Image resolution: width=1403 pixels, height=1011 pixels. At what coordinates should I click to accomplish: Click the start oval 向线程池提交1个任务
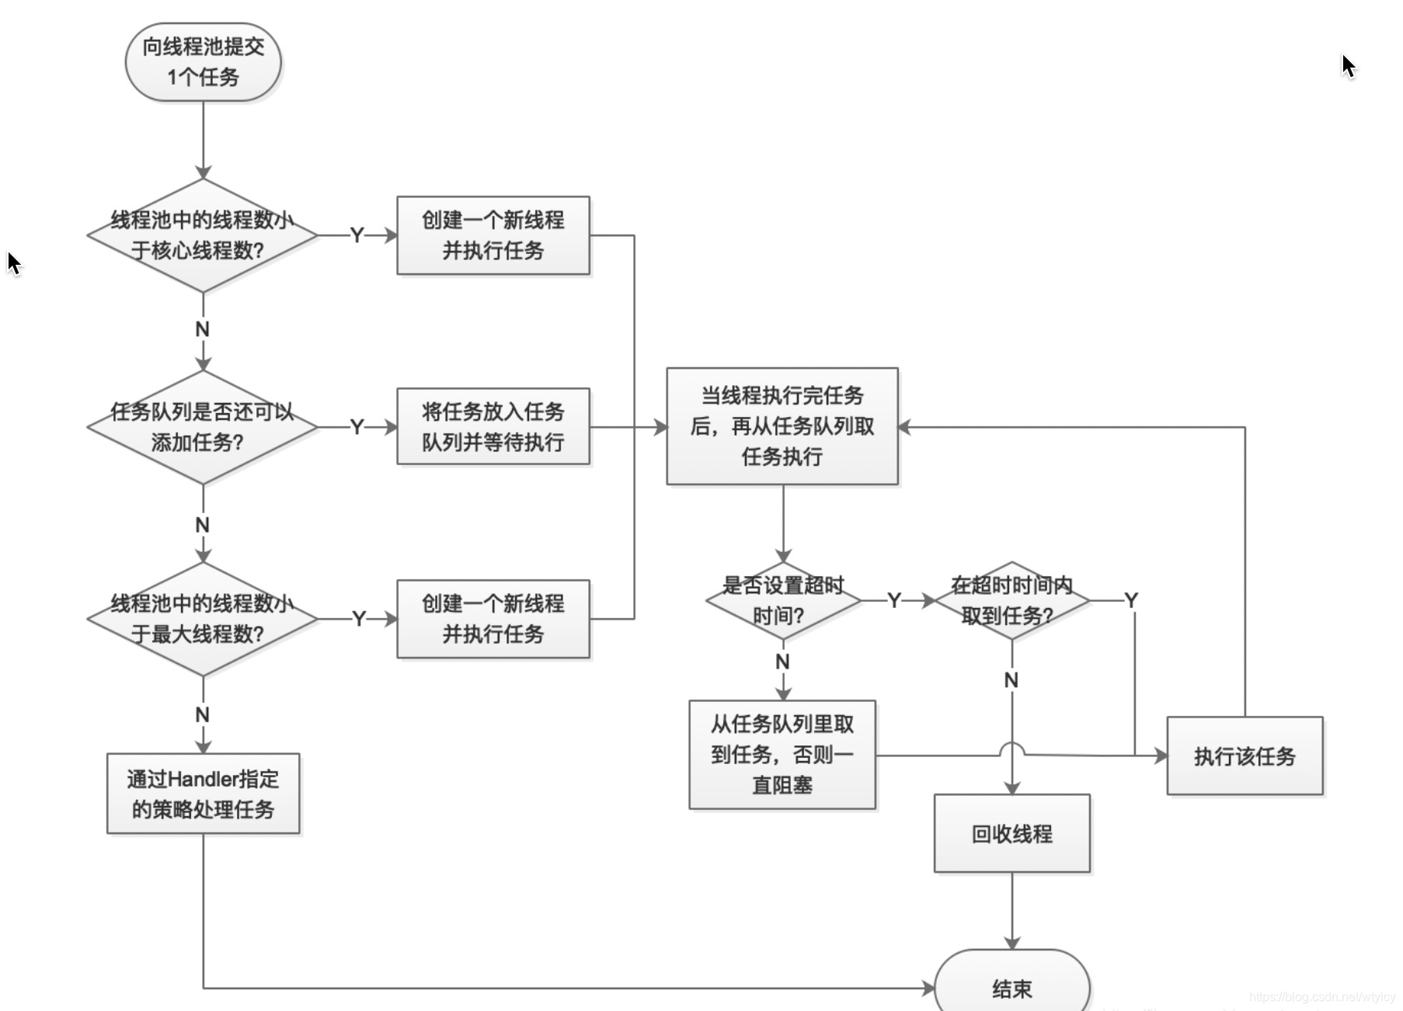[x=203, y=62]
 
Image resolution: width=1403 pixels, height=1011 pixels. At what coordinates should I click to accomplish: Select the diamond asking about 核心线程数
[x=203, y=235]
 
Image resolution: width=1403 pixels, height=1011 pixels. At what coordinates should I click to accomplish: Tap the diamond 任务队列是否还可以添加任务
[x=203, y=427]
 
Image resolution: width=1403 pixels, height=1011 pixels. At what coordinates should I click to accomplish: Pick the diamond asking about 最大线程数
[x=203, y=619]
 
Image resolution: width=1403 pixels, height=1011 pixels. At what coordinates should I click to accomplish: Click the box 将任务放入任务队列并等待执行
[x=493, y=427]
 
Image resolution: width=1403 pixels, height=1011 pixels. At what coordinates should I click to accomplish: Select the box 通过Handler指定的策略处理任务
[x=203, y=794]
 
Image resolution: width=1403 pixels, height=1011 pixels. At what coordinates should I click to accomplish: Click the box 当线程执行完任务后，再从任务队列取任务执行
[x=782, y=426]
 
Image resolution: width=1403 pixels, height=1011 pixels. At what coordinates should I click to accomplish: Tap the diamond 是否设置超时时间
[x=783, y=600]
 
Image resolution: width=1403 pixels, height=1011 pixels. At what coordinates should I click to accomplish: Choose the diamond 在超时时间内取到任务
[x=1011, y=600]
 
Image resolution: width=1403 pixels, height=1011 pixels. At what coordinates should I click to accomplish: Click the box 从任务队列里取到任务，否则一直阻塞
[x=782, y=755]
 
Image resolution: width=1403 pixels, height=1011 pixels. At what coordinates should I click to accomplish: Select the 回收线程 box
[x=1011, y=834]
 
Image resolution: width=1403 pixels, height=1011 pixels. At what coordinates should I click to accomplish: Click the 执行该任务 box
[x=1245, y=756]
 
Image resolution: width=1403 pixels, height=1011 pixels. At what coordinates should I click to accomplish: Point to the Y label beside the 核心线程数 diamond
[x=357, y=235]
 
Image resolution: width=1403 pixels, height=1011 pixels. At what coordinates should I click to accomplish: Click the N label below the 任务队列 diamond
[x=203, y=525]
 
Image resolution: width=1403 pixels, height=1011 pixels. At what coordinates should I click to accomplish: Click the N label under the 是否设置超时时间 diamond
[x=782, y=662]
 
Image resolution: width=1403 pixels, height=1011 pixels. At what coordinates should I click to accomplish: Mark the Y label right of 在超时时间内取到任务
[x=1131, y=600]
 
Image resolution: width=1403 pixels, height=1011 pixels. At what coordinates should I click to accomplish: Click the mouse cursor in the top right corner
[x=1348, y=66]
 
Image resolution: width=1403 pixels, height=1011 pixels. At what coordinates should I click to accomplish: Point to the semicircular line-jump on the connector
[x=1011, y=747]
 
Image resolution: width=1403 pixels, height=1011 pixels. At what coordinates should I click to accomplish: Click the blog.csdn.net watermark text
[x=1321, y=997]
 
